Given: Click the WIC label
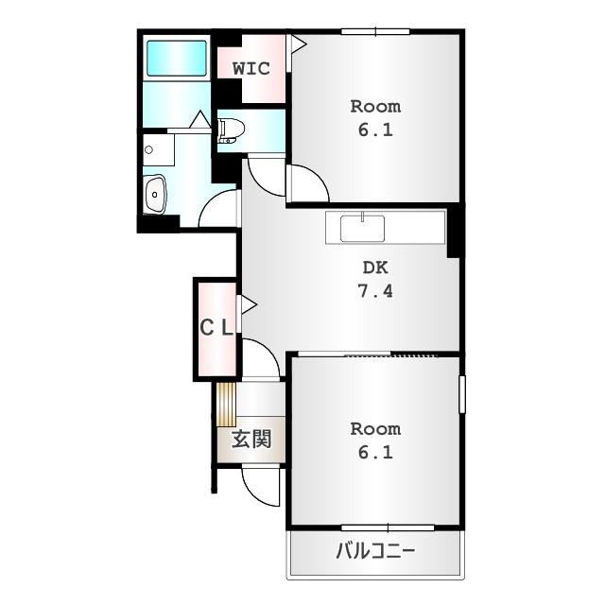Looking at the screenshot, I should tap(251, 68).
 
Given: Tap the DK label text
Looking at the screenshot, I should tap(375, 268).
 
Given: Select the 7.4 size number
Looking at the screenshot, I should tap(375, 290).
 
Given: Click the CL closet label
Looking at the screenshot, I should tap(216, 328).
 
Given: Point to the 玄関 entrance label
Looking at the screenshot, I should tap(251, 439).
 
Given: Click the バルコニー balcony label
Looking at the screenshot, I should tap(375, 552).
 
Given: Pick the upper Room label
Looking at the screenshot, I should tap(375, 106).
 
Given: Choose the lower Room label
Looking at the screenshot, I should tap(375, 429).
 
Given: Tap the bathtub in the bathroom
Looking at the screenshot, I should tap(176, 60).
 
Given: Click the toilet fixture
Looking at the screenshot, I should tap(231, 130).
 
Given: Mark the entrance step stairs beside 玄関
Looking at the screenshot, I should tap(225, 405).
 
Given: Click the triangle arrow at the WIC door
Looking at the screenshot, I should tap(297, 43).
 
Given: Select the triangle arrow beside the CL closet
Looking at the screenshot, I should tap(248, 304).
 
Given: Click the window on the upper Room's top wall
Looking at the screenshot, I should tap(375, 32).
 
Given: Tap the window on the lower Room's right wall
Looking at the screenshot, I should tap(462, 394).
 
